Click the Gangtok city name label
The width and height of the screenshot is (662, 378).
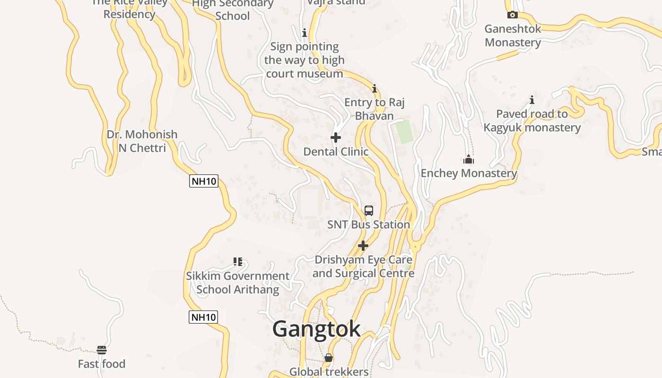316,329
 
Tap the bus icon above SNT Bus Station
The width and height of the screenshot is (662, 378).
369,211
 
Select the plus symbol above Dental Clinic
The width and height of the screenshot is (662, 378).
336,137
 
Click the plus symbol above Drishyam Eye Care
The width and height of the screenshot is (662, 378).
363,246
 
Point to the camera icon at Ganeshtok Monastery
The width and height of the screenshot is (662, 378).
512,15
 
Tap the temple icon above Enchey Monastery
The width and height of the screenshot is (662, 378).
469,159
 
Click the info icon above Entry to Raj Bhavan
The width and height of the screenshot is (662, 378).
375,88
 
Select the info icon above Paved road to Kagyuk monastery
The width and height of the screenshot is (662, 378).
532,100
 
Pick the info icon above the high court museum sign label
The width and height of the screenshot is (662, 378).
305,33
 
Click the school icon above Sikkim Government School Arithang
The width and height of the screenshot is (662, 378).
238,261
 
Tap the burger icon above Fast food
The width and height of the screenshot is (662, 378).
102,350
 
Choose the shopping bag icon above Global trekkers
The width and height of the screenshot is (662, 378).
329,358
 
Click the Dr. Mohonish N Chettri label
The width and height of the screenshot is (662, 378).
142,141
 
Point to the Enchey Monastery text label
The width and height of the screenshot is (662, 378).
469,173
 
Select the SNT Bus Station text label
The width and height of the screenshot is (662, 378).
369,224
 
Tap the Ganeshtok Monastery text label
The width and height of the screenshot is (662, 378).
513,35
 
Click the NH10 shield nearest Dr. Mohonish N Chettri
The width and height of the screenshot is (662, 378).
204,181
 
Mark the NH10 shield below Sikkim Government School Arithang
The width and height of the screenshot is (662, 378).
203,317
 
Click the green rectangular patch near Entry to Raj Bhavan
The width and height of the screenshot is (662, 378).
404,132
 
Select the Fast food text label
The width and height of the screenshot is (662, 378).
102,364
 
